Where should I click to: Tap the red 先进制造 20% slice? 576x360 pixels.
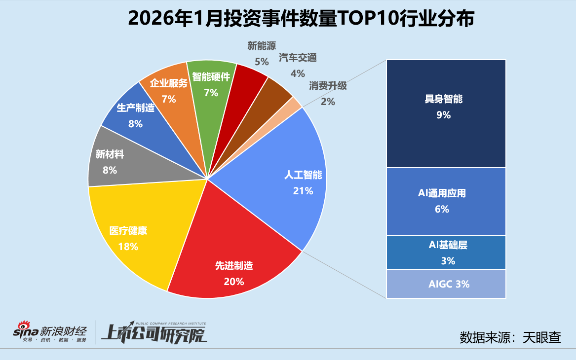(x=232, y=261)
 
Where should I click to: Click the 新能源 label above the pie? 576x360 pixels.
(x=261, y=46)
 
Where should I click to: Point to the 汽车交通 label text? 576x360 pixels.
(x=297, y=58)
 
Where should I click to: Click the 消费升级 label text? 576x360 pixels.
(x=328, y=86)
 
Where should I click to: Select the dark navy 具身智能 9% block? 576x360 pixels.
(x=446, y=113)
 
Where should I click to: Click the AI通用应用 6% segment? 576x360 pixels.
(x=446, y=201)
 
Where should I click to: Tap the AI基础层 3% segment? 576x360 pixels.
(x=446, y=252)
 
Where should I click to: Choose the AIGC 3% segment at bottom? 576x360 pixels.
(x=446, y=284)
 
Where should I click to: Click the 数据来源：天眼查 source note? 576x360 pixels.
(x=510, y=337)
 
